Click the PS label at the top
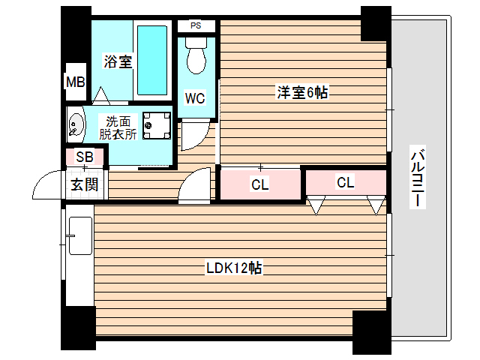pos(196,25)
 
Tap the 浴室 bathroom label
pos(118,62)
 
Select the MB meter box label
pos(75,82)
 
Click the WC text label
pos(196,98)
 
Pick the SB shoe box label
pos(85,157)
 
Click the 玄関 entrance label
pos(84,184)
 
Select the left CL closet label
pos(259,184)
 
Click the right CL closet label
pos(345,182)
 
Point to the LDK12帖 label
pos(234,268)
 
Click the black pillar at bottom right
pos(372,331)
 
